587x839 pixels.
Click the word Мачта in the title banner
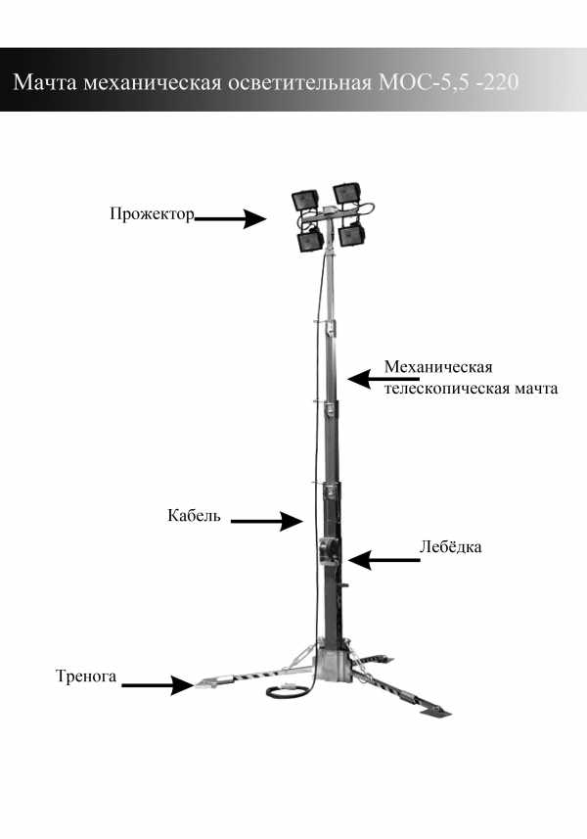(44, 82)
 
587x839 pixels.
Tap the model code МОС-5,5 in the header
(421, 82)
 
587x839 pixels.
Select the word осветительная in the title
(299, 82)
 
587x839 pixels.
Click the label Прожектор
(152, 214)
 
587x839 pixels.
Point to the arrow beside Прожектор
(231, 218)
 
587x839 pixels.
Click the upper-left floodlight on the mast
(305, 200)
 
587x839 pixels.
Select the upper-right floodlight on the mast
(347, 194)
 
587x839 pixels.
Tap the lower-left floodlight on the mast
(310, 240)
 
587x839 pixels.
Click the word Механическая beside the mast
(438, 367)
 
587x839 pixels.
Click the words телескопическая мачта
(471, 388)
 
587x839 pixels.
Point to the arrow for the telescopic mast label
(384, 378)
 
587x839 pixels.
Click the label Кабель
(194, 515)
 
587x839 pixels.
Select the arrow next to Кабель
(267, 521)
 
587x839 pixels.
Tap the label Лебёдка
(450, 546)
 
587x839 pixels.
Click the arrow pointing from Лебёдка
(384, 560)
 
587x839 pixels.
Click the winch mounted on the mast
(327, 549)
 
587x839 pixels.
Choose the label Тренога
(86, 676)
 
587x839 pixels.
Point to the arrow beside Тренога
(158, 685)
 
